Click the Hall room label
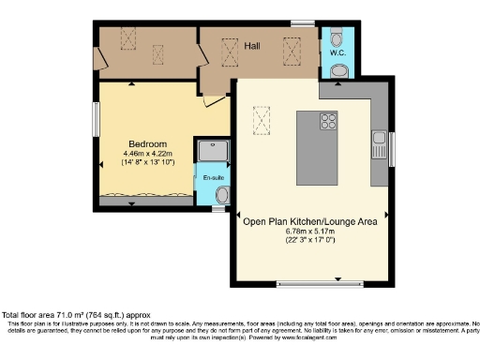tap(251, 45)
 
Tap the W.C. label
tap(337, 53)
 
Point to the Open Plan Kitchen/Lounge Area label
tap(310, 221)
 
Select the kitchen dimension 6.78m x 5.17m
tap(310, 232)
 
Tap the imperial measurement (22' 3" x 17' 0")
tap(310, 241)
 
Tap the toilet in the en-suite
tap(222, 194)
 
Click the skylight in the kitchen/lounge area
tap(262, 120)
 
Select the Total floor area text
tap(75, 315)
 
